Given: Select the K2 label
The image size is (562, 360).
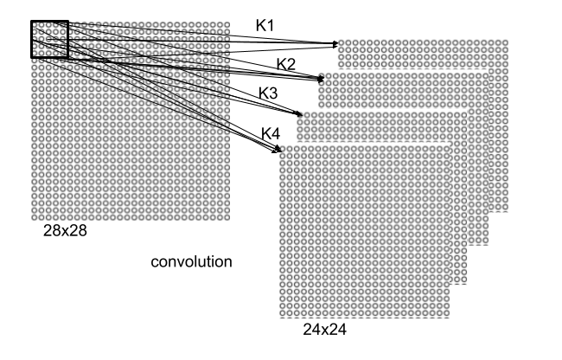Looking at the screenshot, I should tap(286, 63).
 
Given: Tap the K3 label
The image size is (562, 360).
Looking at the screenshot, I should tap(268, 93).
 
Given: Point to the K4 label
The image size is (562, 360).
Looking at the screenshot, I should tap(271, 132).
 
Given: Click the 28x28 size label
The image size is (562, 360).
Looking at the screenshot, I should tap(66, 232).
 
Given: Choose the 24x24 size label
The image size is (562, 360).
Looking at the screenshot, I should tap(324, 330).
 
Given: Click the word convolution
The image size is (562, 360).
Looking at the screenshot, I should tap(191, 261).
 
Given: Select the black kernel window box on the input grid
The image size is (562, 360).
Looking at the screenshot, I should tap(49, 40).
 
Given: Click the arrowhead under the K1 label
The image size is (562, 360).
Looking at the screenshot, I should tap(335, 43).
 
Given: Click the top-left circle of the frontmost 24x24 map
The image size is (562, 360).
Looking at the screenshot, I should tap(284, 150).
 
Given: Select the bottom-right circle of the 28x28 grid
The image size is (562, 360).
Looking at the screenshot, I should tap(227, 216).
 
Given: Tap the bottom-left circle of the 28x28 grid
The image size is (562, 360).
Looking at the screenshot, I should tap(35, 216).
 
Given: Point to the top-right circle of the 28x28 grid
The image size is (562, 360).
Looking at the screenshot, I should tap(227, 24).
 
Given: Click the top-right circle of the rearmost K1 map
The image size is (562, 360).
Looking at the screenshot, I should tap(504, 43).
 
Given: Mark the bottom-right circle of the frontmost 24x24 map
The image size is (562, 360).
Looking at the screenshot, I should tap(450, 315).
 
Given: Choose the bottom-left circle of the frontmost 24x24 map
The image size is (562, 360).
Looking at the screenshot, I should tap(284, 315).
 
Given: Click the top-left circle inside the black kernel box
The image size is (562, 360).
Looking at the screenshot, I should tap(35, 24).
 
